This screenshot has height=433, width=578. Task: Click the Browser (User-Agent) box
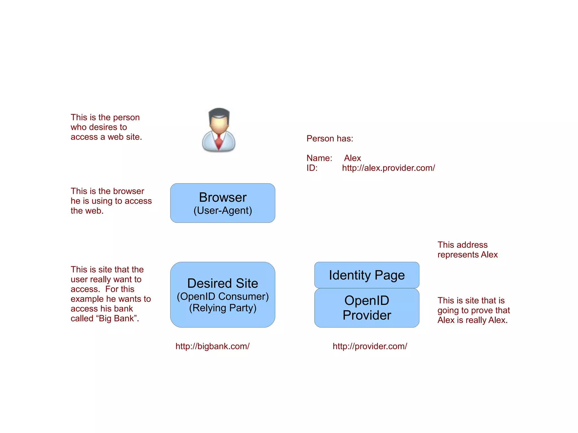click(223, 203)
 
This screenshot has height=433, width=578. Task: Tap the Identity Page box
click(367, 275)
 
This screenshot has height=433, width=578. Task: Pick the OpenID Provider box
click(367, 308)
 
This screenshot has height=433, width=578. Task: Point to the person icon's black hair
click(219, 113)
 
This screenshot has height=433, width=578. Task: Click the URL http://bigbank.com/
click(213, 346)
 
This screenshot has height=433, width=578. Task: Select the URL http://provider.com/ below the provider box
click(370, 346)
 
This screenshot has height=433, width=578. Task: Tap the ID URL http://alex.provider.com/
click(388, 168)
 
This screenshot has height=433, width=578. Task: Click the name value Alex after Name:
click(352, 158)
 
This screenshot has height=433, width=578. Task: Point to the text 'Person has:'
click(330, 139)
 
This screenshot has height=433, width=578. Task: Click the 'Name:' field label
click(319, 158)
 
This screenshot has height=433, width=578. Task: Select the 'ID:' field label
click(312, 168)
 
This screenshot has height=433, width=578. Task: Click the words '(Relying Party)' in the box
click(223, 308)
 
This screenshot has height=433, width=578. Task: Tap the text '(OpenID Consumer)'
click(223, 296)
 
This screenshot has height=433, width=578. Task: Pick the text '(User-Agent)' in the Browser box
click(223, 210)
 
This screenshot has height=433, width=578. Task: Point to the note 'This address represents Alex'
click(467, 250)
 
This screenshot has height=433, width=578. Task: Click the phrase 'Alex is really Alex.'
click(472, 320)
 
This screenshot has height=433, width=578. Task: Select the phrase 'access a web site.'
click(106, 137)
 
